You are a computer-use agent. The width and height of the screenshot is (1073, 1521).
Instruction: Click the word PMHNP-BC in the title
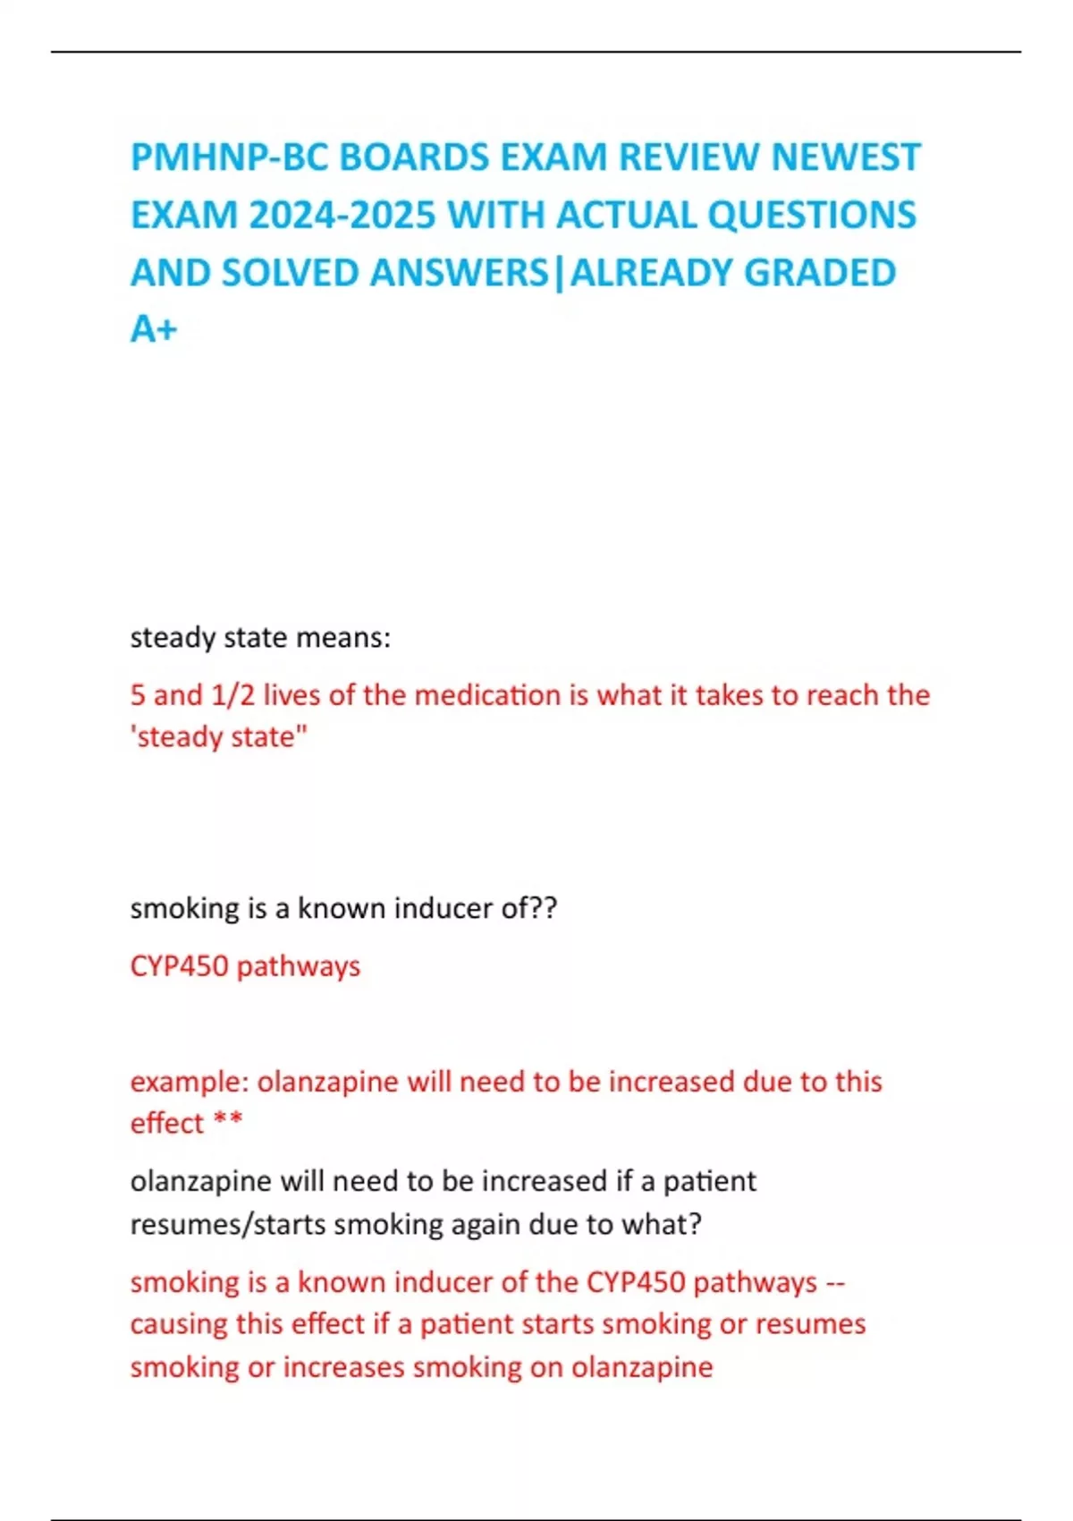(x=229, y=157)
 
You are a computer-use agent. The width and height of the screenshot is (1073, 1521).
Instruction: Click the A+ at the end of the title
(x=154, y=330)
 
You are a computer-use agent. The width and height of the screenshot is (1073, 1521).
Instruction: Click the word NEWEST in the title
(x=845, y=157)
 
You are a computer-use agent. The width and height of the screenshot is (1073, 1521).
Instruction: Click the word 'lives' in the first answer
(x=291, y=695)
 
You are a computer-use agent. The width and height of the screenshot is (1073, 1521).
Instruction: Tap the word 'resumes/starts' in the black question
(x=227, y=1224)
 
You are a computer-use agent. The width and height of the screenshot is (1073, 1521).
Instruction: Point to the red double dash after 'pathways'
(x=834, y=1283)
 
